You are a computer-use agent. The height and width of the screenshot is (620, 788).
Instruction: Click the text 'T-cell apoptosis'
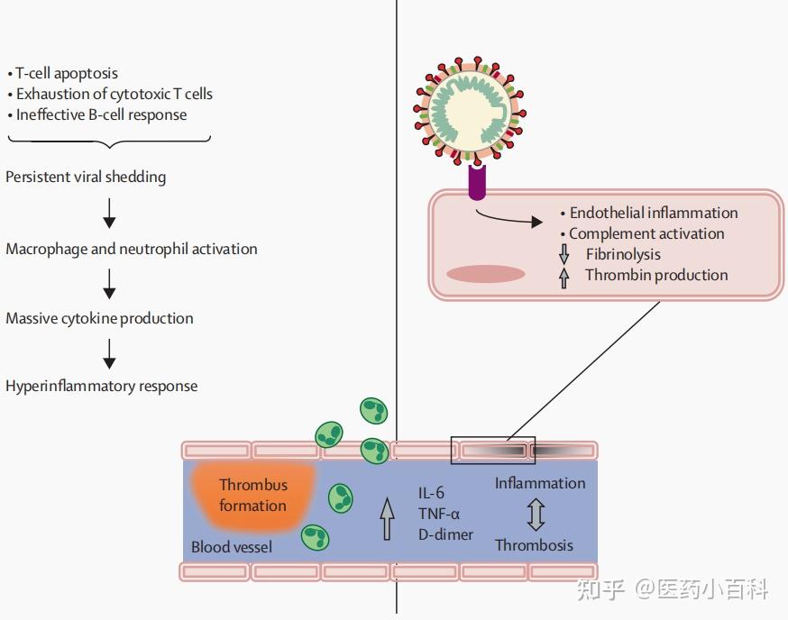click(67, 73)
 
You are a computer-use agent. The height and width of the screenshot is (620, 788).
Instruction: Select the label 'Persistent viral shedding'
click(86, 177)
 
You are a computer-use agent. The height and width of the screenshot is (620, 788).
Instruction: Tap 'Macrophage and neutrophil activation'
click(132, 249)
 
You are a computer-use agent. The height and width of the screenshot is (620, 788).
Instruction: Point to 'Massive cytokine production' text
click(99, 318)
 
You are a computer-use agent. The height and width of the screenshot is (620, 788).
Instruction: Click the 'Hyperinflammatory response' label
click(102, 386)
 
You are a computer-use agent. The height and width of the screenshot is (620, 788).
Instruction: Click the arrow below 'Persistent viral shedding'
click(109, 213)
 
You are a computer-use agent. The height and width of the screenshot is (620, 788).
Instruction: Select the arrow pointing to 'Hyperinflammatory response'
click(109, 354)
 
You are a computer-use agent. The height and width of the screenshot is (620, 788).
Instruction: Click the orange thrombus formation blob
click(252, 496)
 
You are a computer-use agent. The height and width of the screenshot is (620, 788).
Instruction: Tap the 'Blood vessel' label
click(232, 547)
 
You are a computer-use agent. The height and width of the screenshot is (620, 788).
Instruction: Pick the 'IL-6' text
click(431, 493)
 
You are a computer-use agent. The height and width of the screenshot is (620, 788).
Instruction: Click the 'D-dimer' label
click(445, 534)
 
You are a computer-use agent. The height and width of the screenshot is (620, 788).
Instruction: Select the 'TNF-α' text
click(439, 514)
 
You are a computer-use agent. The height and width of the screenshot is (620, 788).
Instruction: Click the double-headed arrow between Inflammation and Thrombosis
click(536, 515)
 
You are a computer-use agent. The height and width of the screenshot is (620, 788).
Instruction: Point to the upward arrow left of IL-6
click(387, 518)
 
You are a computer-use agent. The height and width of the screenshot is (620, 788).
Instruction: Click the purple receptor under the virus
click(478, 182)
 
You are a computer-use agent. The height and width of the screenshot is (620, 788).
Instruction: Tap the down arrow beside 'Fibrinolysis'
click(564, 254)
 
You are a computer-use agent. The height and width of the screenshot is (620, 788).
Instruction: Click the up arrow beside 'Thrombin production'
click(564, 278)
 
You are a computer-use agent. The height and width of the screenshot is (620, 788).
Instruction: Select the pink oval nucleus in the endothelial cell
click(485, 274)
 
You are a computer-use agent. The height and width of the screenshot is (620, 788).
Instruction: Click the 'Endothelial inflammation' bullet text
click(654, 213)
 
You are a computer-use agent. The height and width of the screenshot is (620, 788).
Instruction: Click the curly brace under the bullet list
click(109, 141)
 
